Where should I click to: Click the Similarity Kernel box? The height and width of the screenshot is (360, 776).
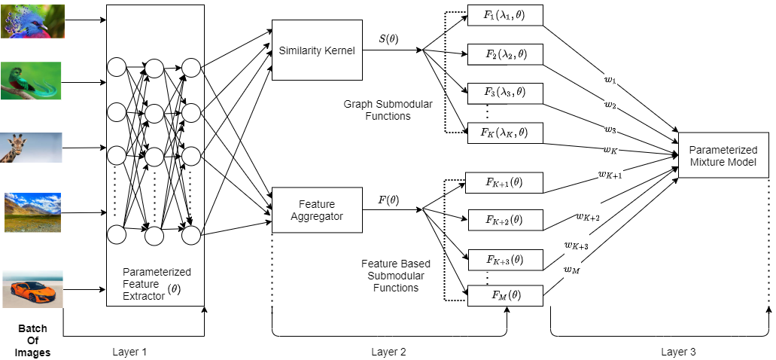click(316, 50)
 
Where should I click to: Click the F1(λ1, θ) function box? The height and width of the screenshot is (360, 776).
click(504, 16)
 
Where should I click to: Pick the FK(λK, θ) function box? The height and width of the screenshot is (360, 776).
click(504, 133)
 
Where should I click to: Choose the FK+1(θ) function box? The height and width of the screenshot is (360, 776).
click(504, 183)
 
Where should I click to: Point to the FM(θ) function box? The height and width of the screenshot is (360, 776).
click(504, 295)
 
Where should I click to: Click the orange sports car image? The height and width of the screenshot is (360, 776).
click(32, 289)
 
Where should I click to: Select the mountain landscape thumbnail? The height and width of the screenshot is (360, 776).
click(32, 212)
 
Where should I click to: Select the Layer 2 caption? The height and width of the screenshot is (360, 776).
click(389, 351)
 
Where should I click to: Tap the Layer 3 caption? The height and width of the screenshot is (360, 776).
click(679, 351)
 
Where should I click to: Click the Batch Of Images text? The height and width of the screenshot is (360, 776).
click(32, 340)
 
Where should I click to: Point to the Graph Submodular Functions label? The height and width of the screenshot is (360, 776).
click(388, 110)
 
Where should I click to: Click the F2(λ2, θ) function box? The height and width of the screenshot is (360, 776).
click(504, 54)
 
